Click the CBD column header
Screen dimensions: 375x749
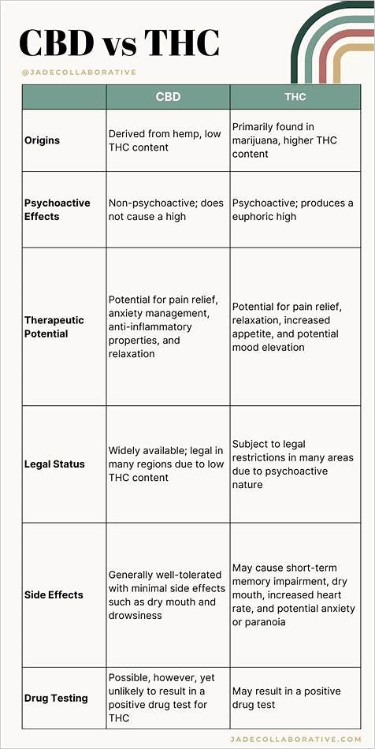tap(168, 97)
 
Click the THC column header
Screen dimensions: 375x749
tap(295, 97)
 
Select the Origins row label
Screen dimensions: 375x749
tap(42, 140)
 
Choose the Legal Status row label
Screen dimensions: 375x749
tap(54, 464)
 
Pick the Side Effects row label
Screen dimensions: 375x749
tap(54, 595)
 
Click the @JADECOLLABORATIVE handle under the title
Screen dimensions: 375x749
tap(78, 73)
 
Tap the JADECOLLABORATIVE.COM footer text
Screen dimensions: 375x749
tap(296, 739)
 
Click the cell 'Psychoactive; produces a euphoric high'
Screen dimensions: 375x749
tap(292, 210)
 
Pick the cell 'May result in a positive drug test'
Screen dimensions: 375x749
tap(286, 698)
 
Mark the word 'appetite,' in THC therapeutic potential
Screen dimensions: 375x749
tap(254, 334)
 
